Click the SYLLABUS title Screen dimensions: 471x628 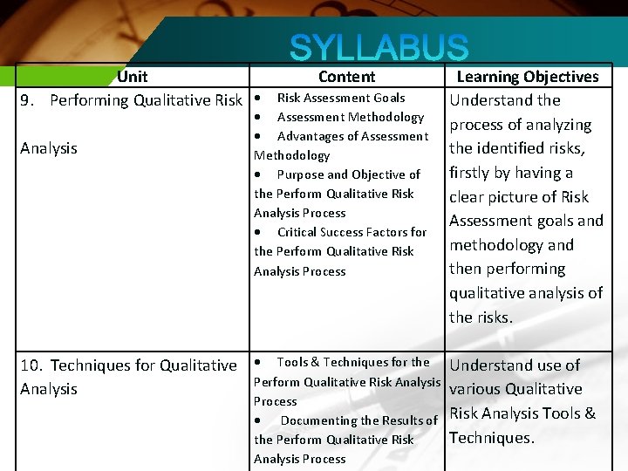pos(379,48)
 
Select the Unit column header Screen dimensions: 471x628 pos(133,77)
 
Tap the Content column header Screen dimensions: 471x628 pos(346,77)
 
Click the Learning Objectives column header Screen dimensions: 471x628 pos(528,77)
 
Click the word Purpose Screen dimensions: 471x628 pos(302,174)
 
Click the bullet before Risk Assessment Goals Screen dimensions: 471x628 pos(259,98)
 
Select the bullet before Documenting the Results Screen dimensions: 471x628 pos(259,420)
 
